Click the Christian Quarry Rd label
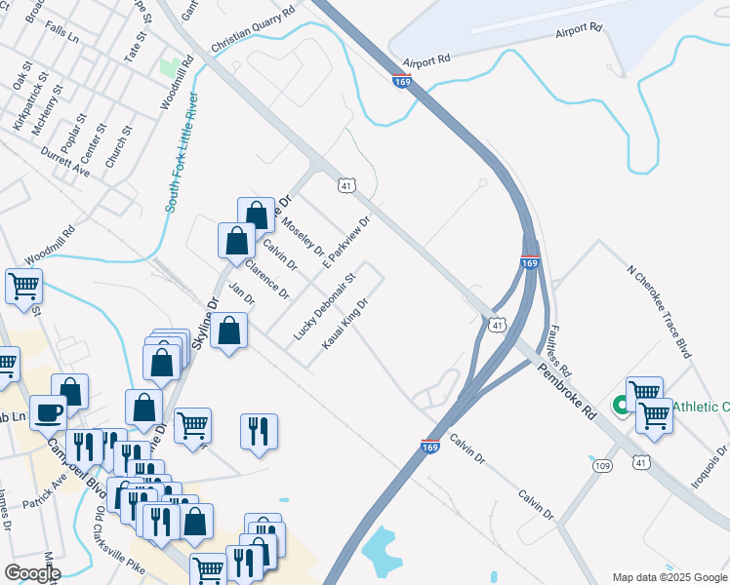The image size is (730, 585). [253, 29]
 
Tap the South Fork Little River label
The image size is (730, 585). [183, 153]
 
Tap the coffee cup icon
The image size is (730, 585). [47, 411]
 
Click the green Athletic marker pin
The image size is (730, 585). [619, 405]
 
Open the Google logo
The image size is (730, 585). [32, 573]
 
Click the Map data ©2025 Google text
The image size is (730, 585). [669, 576]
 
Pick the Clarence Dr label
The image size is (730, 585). [268, 279]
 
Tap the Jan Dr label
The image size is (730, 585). [240, 294]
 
